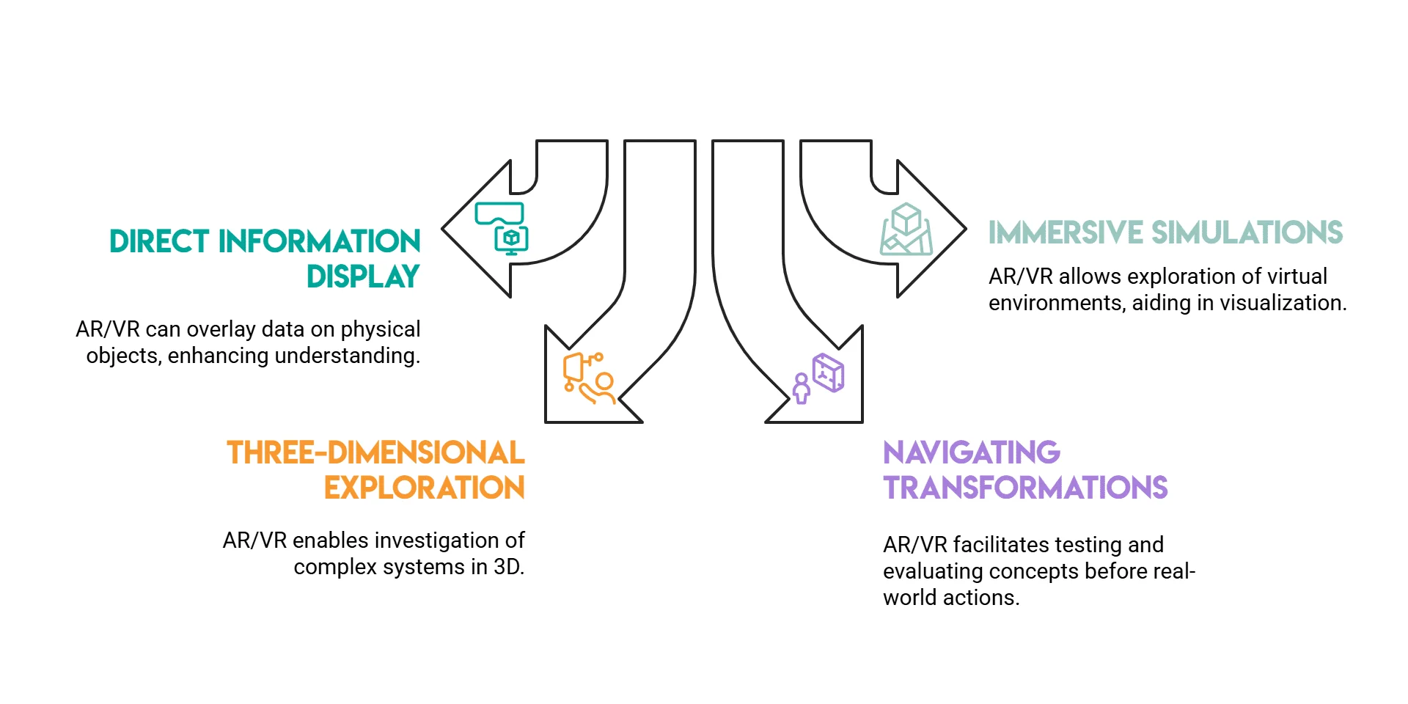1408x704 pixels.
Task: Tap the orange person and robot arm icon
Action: point(588,378)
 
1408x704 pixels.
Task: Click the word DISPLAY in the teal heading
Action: point(363,276)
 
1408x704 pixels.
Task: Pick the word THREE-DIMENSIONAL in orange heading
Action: point(375,452)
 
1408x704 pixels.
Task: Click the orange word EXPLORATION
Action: point(424,488)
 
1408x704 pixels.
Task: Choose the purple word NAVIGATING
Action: point(972,452)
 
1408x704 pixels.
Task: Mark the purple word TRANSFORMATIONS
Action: point(1025,488)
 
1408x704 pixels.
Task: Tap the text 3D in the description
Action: point(509,567)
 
